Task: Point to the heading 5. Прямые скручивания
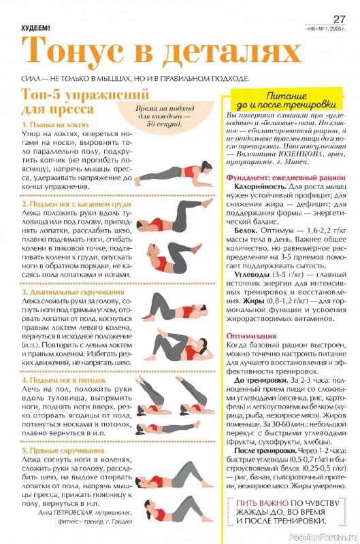point(63,450)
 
